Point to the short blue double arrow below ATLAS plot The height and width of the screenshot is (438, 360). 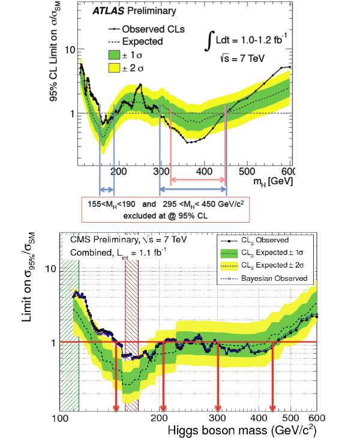tap(107, 190)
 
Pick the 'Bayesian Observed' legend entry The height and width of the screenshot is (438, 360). tap(281, 278)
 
